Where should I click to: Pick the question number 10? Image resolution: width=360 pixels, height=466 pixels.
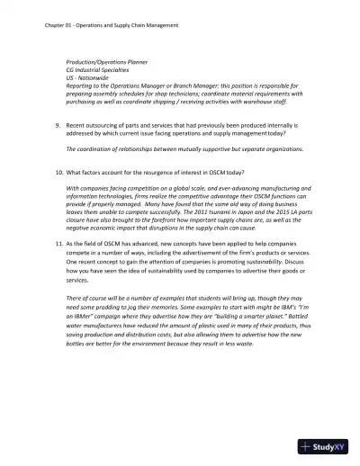point(58,171)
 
